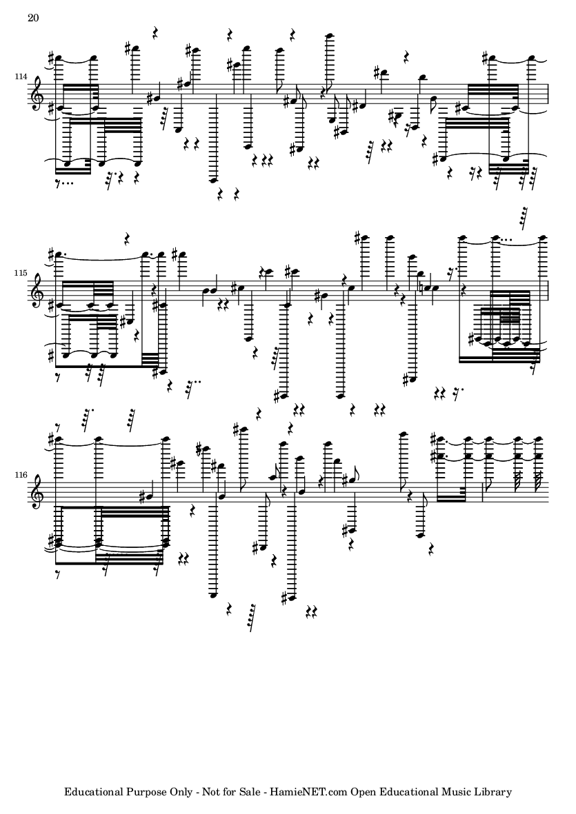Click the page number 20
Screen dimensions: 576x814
(x=32, y=18)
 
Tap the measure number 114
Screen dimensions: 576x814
(x=21, y=77)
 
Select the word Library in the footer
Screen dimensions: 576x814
(x=495, y=792)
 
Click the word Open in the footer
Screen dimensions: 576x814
(x=361, y=793)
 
